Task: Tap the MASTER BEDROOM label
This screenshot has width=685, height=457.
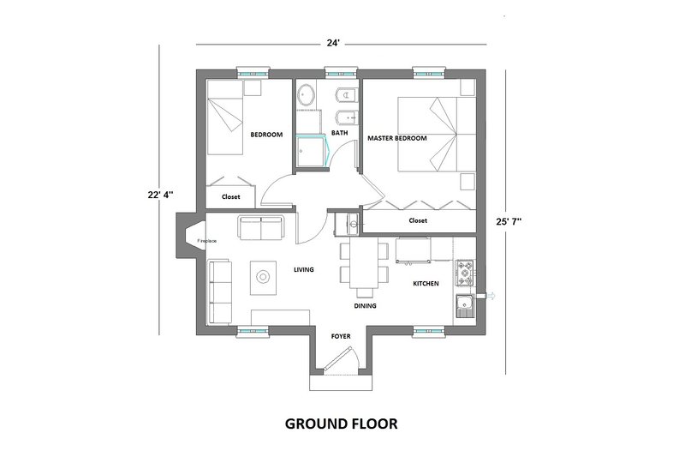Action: coord(396,138)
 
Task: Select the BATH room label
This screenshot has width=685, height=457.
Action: coord(340,132)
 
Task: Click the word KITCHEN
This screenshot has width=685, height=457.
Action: coord(426,283)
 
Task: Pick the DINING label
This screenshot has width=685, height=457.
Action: coord(366,305)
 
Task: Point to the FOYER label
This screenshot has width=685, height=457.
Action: coord(342,337)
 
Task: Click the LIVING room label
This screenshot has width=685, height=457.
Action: coord(304,270)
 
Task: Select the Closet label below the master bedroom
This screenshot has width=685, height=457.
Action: coord(418,220)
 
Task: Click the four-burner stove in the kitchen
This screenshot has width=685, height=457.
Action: coord(466,274)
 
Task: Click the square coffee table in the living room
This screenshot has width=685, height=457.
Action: coord(264,275)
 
